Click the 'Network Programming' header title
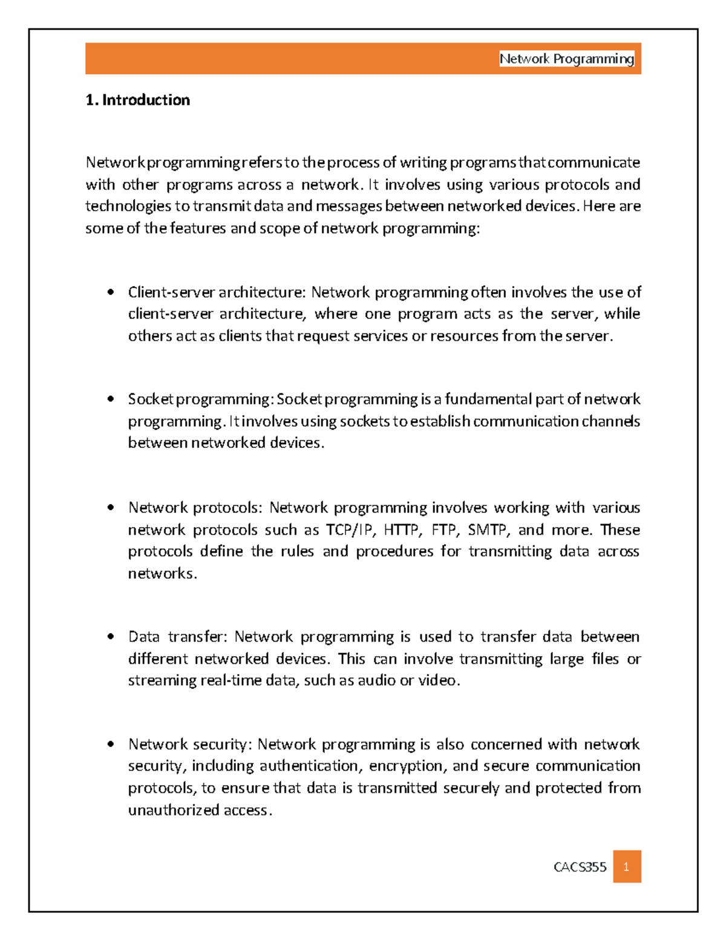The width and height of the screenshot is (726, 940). click(566, 59)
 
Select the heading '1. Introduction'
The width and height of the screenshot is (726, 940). click(138, 100)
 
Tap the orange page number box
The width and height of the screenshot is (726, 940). click(627, 867)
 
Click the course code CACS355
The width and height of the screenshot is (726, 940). click(580, 867)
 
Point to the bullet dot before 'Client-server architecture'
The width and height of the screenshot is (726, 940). click(110, 292)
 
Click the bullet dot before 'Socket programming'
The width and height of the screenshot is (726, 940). click(110, 399)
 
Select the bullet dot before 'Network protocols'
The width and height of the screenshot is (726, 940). click(110, 507)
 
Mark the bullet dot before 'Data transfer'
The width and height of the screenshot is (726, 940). click(110, 637)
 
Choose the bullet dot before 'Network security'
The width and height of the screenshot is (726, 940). click(110, 744)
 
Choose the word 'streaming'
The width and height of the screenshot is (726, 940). click(162, 680)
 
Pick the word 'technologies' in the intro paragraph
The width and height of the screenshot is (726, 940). click(128, 206)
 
